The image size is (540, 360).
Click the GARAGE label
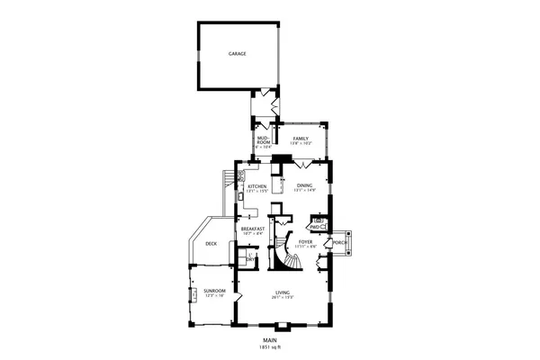click(x=237, y=54)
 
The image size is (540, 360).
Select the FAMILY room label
click(x=300, y=138)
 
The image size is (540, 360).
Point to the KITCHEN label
click(x=257, y=186)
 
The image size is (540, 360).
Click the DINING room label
click(x=304, y=186)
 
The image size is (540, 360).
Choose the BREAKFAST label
click(x=253, y=229)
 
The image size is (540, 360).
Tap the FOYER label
click(x=306, y=241)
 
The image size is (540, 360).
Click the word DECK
click(x=211, y=244)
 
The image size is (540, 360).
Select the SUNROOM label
click(x=213, y=291)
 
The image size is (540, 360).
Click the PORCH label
click(x=340, y=243)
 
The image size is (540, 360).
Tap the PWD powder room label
click(x=315, y=227)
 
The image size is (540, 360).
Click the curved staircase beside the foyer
click(x=290, y=256)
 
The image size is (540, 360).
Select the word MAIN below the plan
click(x=269, y=340)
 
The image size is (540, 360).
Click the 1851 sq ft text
click(x=269, y=346)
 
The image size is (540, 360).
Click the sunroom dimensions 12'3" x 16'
click(x=213, y=296)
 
